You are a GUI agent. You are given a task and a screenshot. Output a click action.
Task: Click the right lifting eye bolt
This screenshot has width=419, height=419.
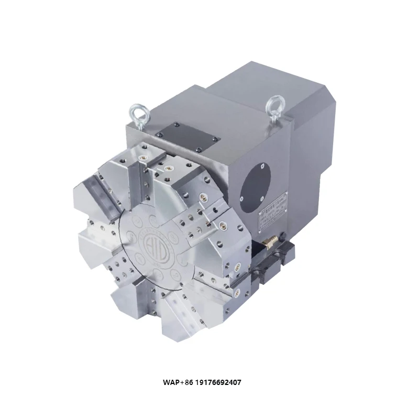click(273, 105)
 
